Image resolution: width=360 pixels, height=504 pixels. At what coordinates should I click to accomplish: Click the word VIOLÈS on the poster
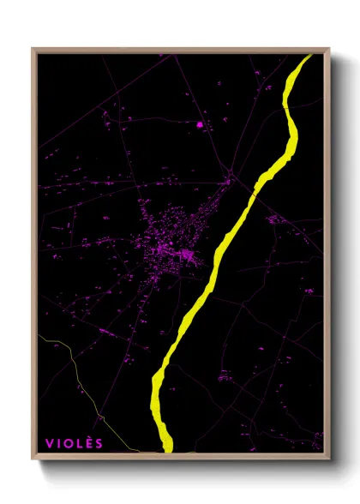tap(74, 443)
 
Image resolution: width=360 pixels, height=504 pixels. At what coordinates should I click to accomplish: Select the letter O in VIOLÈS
tap(69, 443)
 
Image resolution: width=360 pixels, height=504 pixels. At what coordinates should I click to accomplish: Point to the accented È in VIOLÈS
tap(88, 442)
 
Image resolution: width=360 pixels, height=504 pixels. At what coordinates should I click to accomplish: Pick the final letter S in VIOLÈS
tap(99, 443)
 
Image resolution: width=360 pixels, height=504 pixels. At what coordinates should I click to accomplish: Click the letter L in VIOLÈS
tap(79, 443)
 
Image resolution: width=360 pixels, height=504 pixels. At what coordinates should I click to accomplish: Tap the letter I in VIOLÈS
tap(58, 443)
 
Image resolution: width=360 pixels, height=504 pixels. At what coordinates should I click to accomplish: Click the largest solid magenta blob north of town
tap(200, 125)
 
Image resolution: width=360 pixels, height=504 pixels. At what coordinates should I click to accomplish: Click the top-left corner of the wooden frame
tap(33, 49)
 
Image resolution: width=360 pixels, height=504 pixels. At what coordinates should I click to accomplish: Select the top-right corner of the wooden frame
tap(329, 49)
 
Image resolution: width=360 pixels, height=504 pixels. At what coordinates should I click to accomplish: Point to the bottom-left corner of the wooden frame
tap(33, 458)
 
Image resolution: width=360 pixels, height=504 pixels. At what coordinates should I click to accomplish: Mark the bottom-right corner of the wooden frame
tap(329, 458)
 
